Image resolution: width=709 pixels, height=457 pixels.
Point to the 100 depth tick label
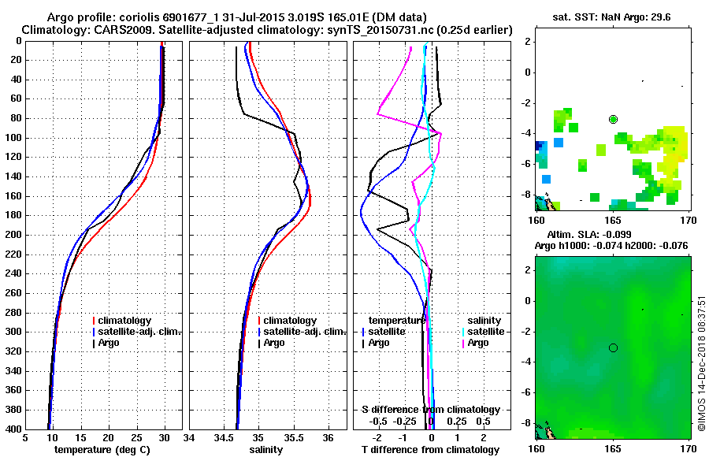coord(13,138)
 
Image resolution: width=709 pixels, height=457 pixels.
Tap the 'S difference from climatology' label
coord(431,410)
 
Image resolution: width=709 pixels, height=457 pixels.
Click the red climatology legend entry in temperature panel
coord(124,321)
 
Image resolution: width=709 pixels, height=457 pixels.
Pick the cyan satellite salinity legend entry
coord(485,332)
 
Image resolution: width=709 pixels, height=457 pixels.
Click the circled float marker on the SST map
coord(613,119)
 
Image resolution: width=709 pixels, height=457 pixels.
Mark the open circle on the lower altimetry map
coord(613,347)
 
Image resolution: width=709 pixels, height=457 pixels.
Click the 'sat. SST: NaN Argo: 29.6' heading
coord(611,17)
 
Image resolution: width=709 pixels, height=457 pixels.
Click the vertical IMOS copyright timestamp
coord(702,365)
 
